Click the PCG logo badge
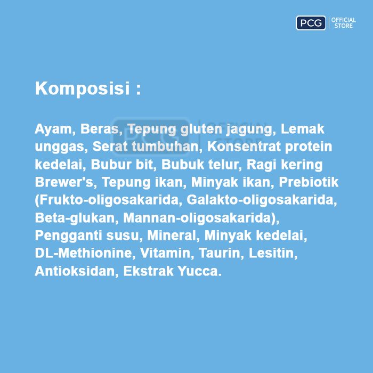point(311,23)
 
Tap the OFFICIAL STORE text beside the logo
point(344,23)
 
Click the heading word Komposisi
point(82,89)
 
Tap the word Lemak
point(302,129)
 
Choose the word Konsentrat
point(244,147)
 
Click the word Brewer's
point(64,182)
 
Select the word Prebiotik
point(309,182)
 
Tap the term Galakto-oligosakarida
point(262,200)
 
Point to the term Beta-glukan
point(77,218)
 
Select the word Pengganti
point(69,236)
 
